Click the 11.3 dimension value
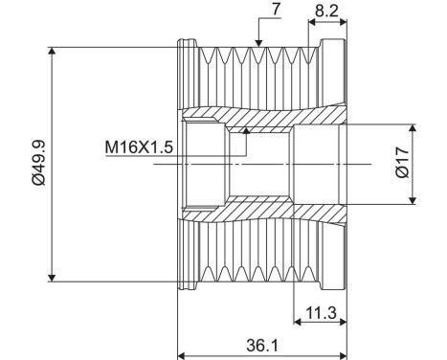pos(321,311)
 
